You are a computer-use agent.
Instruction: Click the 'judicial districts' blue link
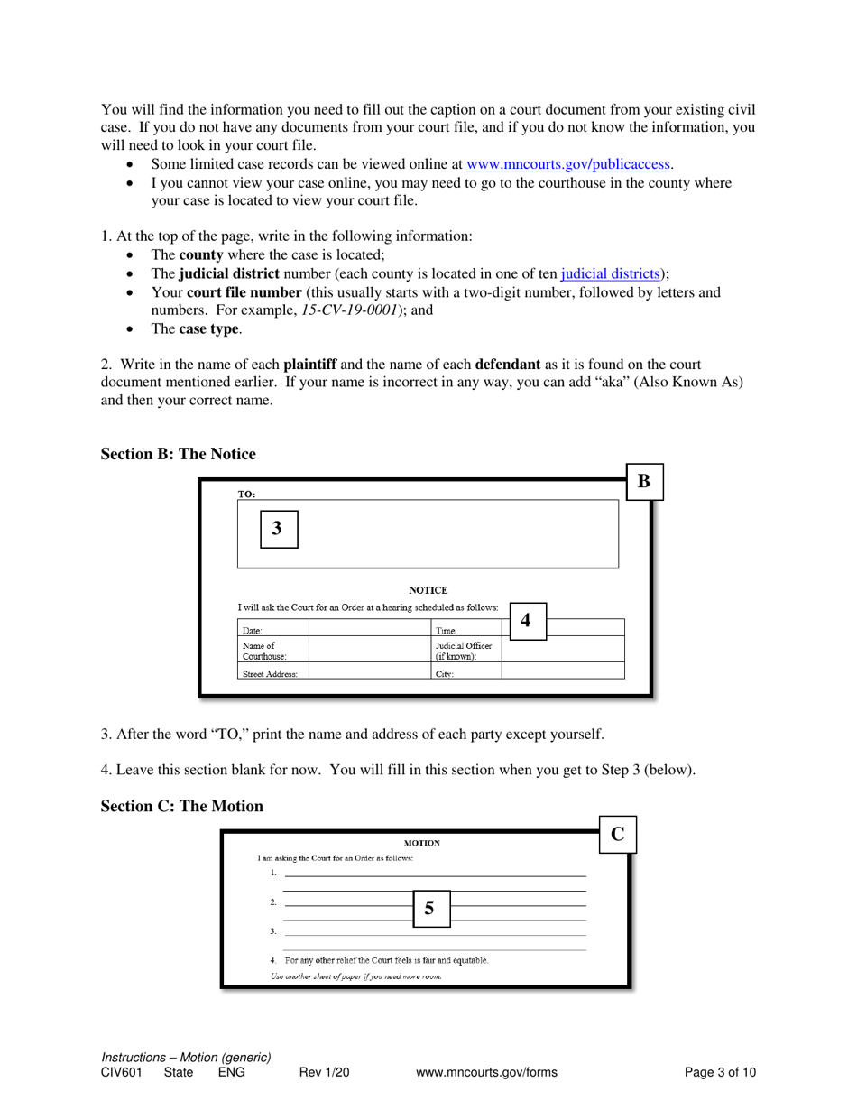click(x=610, y=274)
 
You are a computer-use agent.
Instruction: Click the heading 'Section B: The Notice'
click(x=179, y=453)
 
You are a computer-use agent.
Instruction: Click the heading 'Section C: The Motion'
click(x=182, y=806)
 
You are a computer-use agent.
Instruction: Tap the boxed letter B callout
click(x=644, y=481)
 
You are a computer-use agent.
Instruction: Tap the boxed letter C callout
click(x=618, y=833)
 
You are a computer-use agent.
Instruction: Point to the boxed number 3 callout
click(x=278, y=529)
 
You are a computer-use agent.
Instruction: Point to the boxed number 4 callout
click(x=526, y=621)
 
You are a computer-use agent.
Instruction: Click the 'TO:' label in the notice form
click(x=246, y=494)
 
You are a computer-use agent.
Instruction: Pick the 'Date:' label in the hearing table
click(x=253, y=630)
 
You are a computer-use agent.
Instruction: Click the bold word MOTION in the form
click(x=421, y=843)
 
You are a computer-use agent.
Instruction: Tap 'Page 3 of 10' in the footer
click(x=720, y=1073)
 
